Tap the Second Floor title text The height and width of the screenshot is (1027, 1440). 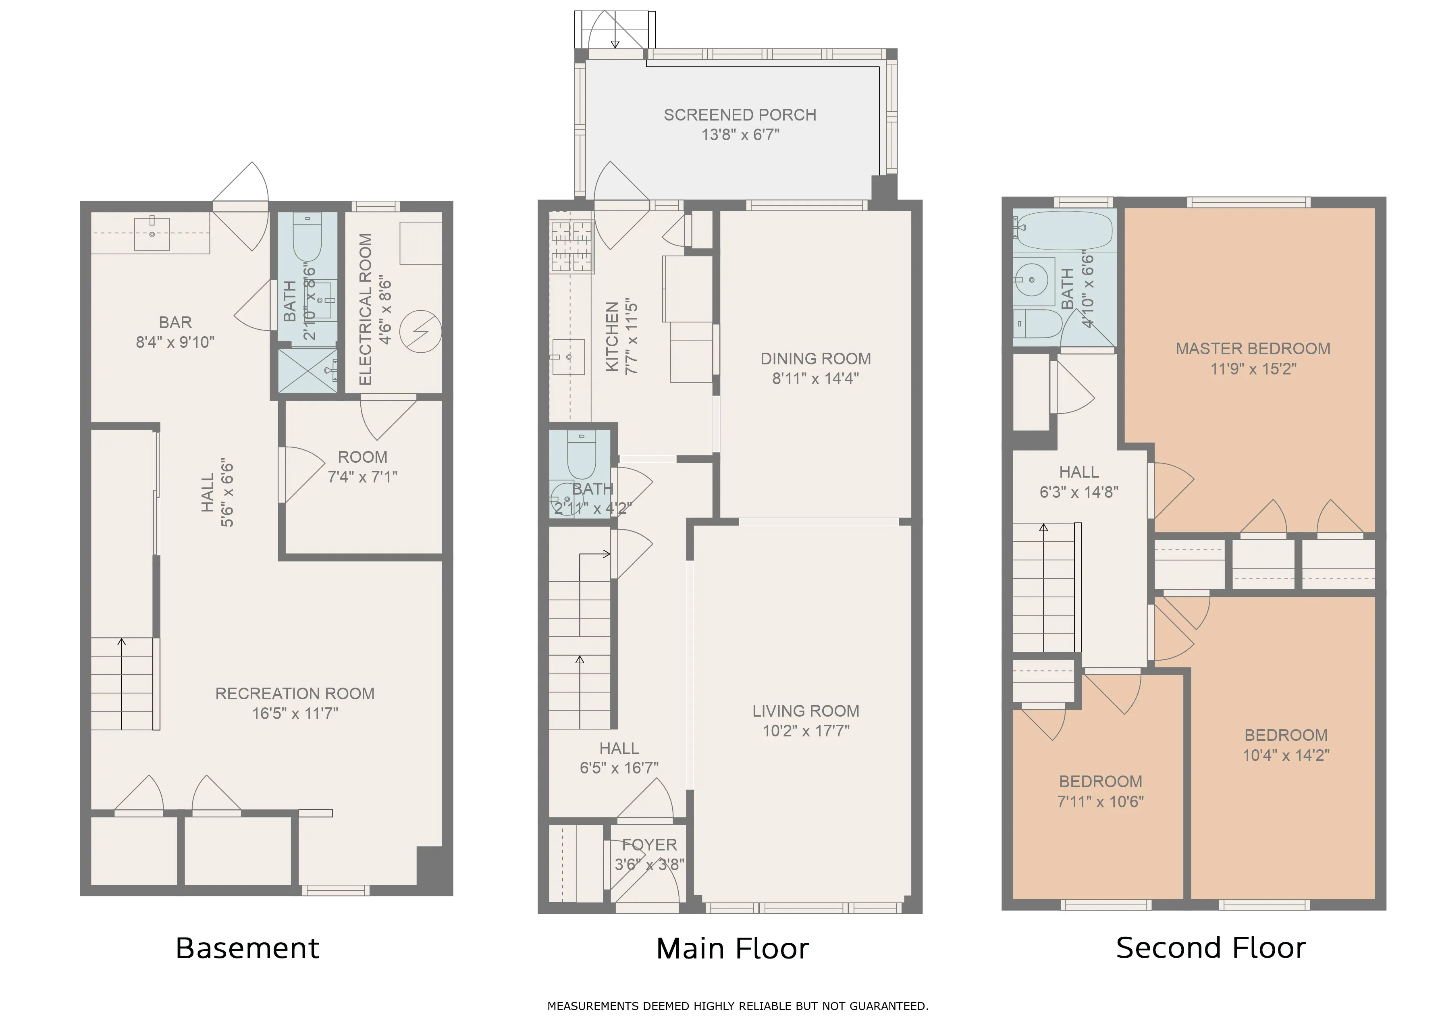coord(1210,947)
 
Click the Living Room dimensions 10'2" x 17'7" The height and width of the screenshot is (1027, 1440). coord(805,731)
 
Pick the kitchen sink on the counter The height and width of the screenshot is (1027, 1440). coord(569,357)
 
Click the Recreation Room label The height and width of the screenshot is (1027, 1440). coord(295,694)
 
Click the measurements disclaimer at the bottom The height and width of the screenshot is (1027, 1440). coord(738,1006)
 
